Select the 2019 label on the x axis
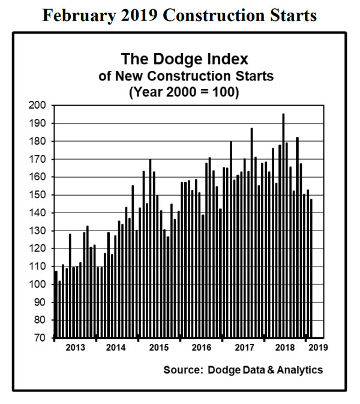pos(317,348)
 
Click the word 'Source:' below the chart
pos(182,370)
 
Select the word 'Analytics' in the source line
pos(301,370)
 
